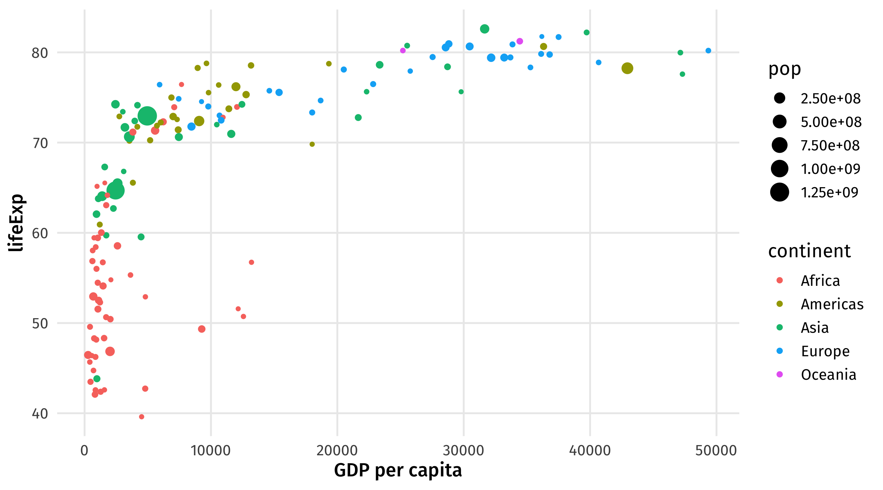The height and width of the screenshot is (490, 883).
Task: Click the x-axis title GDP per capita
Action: click(x=398, y=470)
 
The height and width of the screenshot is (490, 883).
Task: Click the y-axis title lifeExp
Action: click(x=16, y=223)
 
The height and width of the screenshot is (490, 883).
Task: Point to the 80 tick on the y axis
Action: click(x=40, y=53)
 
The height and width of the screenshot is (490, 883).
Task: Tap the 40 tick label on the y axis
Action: click(x=40, y=414)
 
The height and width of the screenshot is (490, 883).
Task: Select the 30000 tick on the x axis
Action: click(x=463, y=450)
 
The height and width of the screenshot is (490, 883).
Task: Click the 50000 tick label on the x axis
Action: click(x=716, y=450)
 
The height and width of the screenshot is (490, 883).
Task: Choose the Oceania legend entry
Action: click(x=828, y=375)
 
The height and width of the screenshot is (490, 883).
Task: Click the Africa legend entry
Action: click(x=820, y=281)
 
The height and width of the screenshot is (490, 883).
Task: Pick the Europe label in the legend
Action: click(x=825, y=351)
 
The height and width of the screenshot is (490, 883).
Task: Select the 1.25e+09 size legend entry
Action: click(x=829, y=193)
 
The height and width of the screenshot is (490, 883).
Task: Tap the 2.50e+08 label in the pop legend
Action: click(x=830, y=99)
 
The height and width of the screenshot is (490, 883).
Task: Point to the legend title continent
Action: click(x=809, y=251)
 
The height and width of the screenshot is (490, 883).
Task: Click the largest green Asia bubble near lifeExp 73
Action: click(x=148, y=116)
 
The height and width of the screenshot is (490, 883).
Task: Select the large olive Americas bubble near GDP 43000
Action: click(x=627, y=68)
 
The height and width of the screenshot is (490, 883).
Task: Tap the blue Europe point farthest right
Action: click(x=708, y=51)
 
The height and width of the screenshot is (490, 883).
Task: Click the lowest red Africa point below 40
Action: click(x=142, y=417)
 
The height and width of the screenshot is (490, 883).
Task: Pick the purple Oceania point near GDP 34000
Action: click(x=520, y=42)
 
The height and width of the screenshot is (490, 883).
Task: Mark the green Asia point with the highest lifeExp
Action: click(x=484, y=29)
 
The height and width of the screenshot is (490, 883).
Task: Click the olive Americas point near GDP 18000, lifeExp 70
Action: click(x=312, y=144)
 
